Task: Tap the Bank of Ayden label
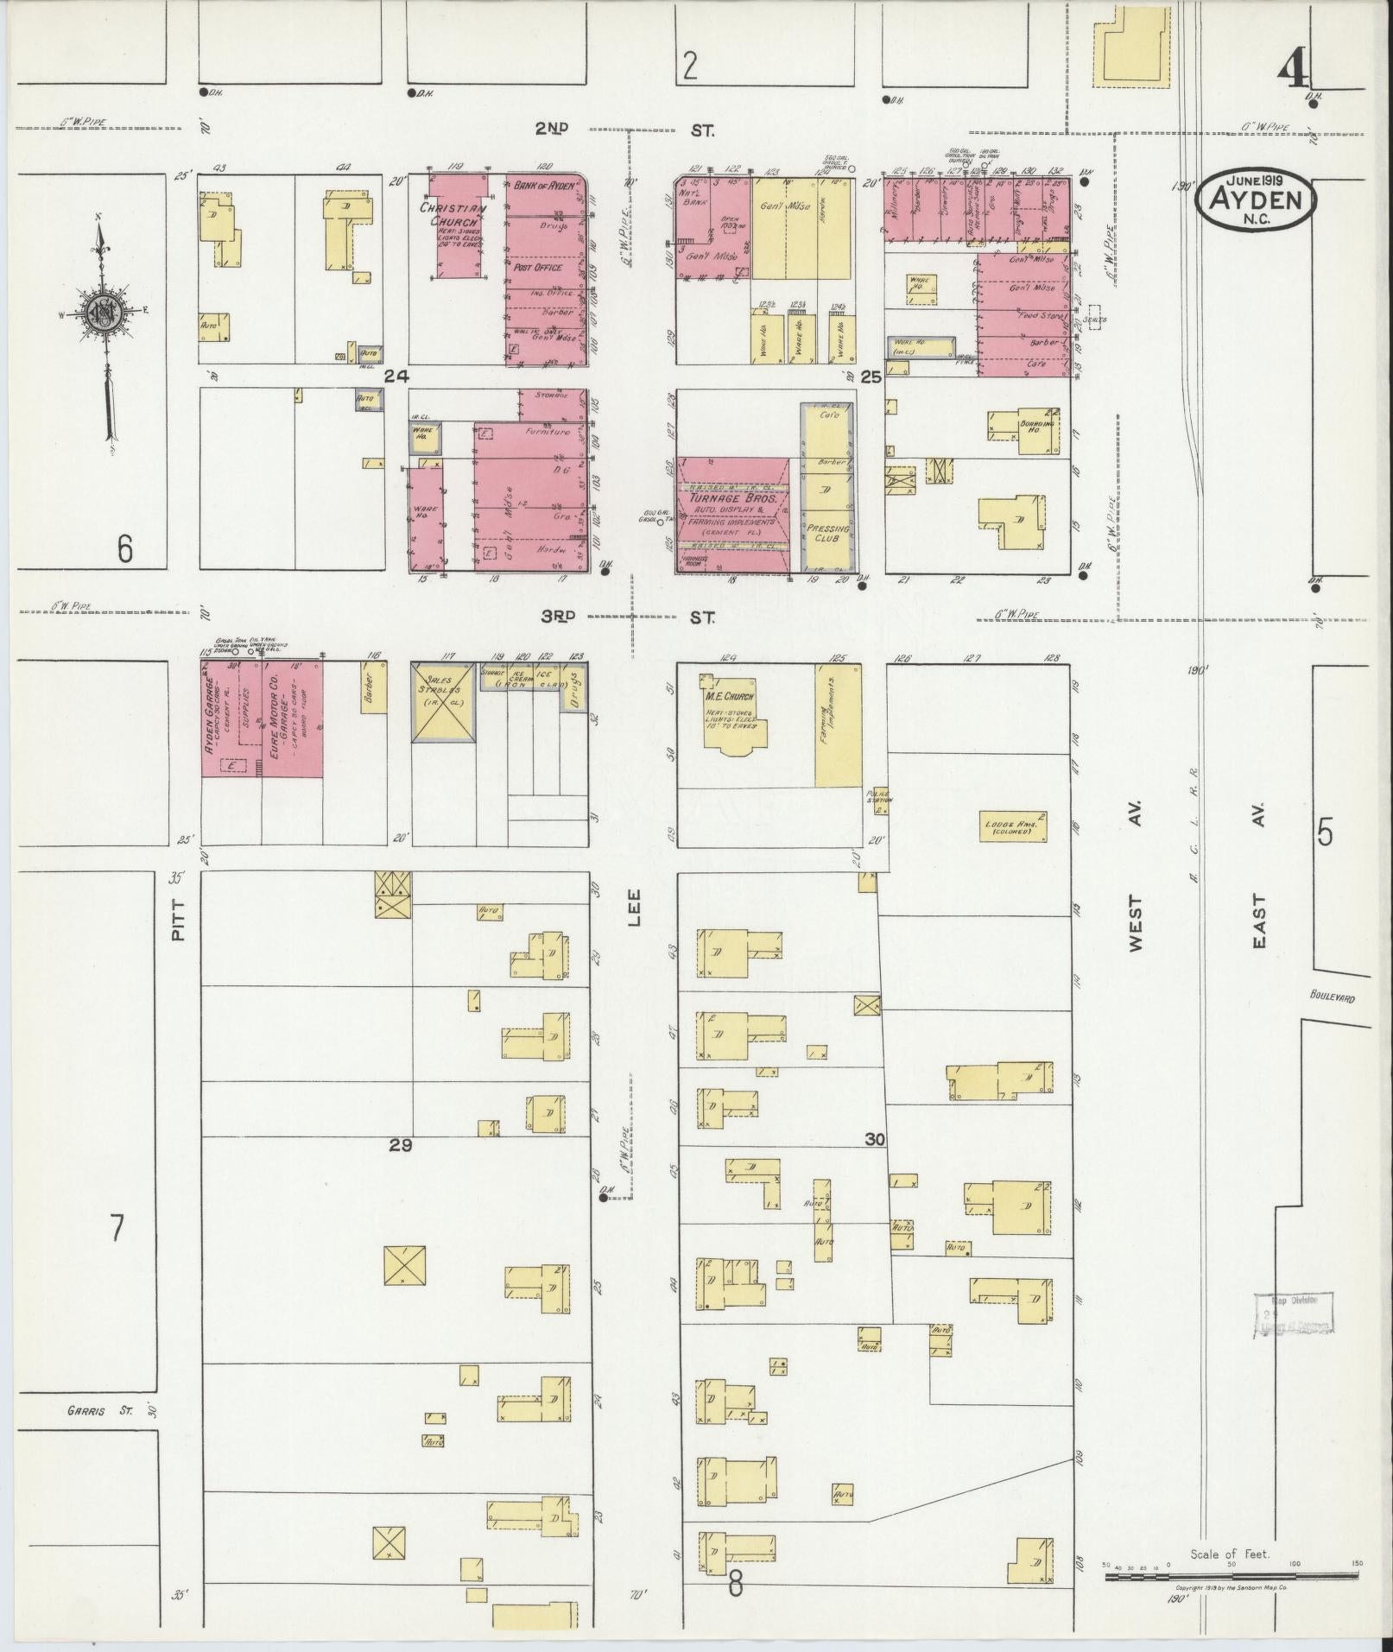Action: (x=544, y=186)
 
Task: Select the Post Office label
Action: (x=538, y=268)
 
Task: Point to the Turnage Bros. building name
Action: (x=732, y=499)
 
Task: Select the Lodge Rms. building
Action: (x=1013, y=826)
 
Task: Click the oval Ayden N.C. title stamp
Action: (x=1256, y=199)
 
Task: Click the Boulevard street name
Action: (x=1332, y=997)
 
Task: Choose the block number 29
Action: (x=400, y=1146)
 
